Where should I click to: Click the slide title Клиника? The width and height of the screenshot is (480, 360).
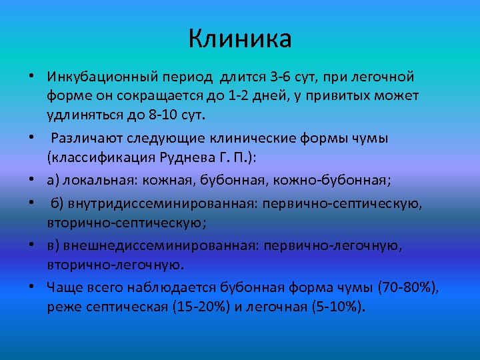tap(239, 39)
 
